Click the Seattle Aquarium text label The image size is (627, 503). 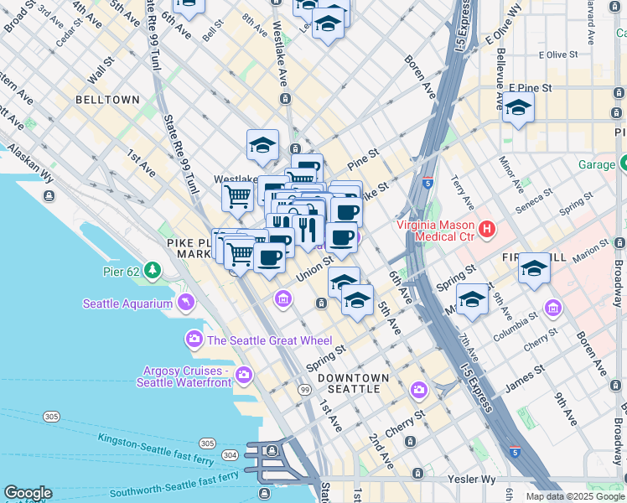coord(127,303)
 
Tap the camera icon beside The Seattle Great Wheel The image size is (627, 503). coord(194,340)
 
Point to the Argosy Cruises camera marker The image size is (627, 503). coord(244,374)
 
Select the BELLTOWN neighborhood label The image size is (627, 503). coord(107,100)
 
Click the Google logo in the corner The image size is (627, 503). coord(28,494)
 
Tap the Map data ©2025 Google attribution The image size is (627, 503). coord(575,496)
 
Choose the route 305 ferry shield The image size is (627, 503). coord(52,417)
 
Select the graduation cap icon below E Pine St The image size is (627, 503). coord(519,109)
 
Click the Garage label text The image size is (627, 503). coord(596,164)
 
